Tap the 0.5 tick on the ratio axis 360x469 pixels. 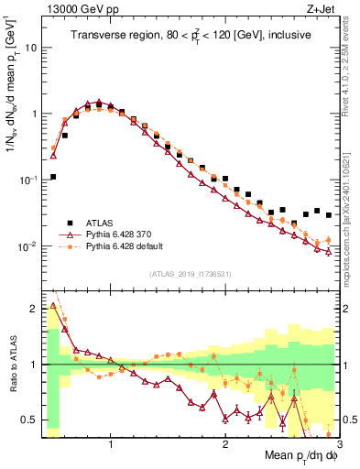click(32, 420)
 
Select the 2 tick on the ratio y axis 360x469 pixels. click(36, 309)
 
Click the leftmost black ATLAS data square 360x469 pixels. click(53, 177)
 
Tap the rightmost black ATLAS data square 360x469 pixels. click(329, 215)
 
